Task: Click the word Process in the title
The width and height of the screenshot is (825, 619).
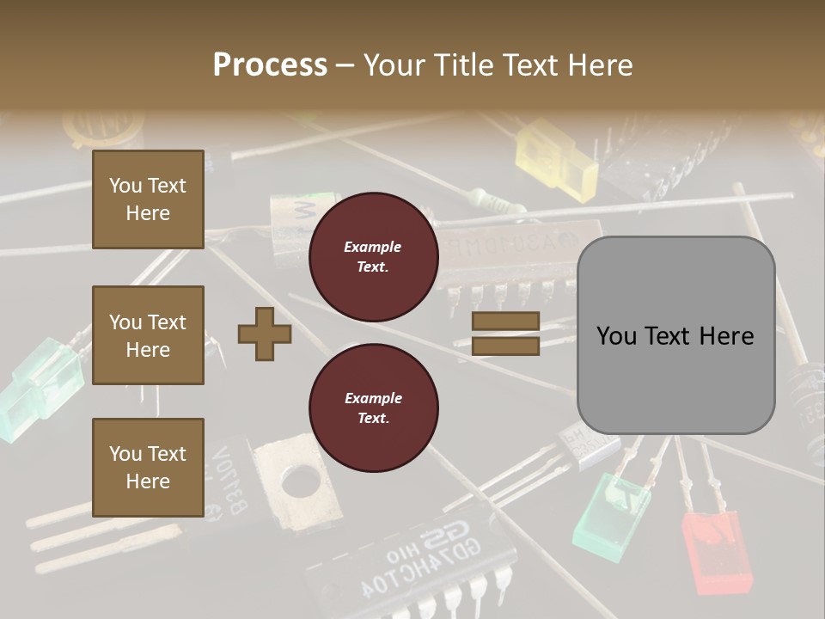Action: (270, 64)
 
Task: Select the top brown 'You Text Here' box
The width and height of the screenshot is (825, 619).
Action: (148, 199)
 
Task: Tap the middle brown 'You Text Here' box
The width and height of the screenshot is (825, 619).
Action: (148, 335)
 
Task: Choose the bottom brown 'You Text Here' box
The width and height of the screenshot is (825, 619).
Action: (148, 467)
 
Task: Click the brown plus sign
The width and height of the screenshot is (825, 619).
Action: (264, 334)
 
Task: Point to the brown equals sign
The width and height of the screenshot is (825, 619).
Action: (505, 334)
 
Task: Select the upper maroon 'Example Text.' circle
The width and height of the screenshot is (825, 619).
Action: (373, 257)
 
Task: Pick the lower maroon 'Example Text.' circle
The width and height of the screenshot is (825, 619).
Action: (373, 408)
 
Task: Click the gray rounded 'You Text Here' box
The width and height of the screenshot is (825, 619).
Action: (675, 335)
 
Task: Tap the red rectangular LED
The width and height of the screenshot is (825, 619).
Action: (717, 550)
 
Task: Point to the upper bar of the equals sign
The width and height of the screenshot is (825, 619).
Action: (505, 322)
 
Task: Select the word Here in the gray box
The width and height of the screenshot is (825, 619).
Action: (726, 335)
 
